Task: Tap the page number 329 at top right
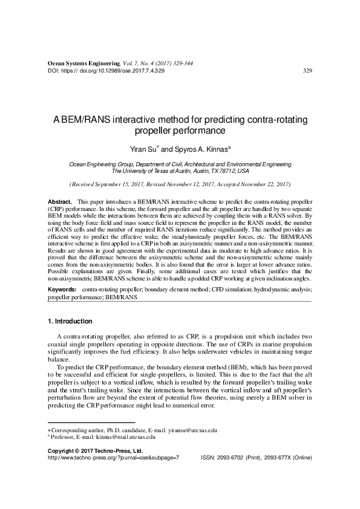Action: tap(307, 71)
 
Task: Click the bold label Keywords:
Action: tap(63, 290)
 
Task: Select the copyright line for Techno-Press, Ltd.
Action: tap(94, 451)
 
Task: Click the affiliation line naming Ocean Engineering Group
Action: tap(180, 164)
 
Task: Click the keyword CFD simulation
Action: tap(226, 290)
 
